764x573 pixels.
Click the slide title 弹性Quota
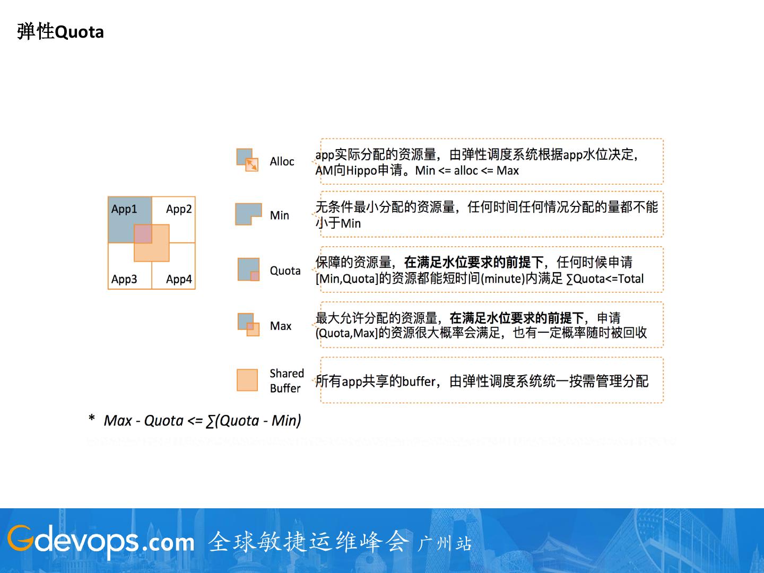(x=60, y=32)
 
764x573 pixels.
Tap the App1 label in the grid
(x=124, y=209)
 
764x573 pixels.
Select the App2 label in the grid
(x=179, y=209)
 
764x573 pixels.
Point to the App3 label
(x=124, y=279)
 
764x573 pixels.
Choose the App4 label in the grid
(x=179, y=279)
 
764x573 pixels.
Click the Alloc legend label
(x=282, y=161)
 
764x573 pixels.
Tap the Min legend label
(x=280, y=215)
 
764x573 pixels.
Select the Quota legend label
(x=285, y=271)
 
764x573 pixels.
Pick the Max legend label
(x=281, y=326)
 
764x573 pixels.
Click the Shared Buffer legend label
(x=286, y=380)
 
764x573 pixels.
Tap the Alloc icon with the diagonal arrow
(x=247, y=160)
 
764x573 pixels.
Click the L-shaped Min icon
(x=248, y=213)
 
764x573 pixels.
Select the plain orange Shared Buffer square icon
(x=247, y=380)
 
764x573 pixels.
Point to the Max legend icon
(x=248, y=324)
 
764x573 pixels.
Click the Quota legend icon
(x=248, y=269)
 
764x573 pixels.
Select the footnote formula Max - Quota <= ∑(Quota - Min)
(x=202, y=421)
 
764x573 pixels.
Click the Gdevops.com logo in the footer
(x=101, y=541)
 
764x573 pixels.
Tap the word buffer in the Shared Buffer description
(x=419, y=381)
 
